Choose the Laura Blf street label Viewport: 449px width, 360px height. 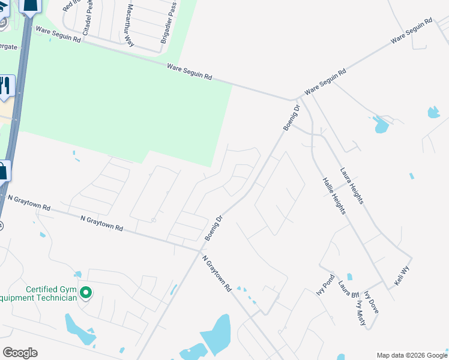348,289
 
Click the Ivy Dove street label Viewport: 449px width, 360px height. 371,304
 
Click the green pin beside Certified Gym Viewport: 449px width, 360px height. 86,293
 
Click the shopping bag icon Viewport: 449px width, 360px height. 3,170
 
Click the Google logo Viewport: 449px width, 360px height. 20,353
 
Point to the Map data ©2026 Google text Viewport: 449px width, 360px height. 412,355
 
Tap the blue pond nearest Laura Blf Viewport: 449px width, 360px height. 349,277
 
